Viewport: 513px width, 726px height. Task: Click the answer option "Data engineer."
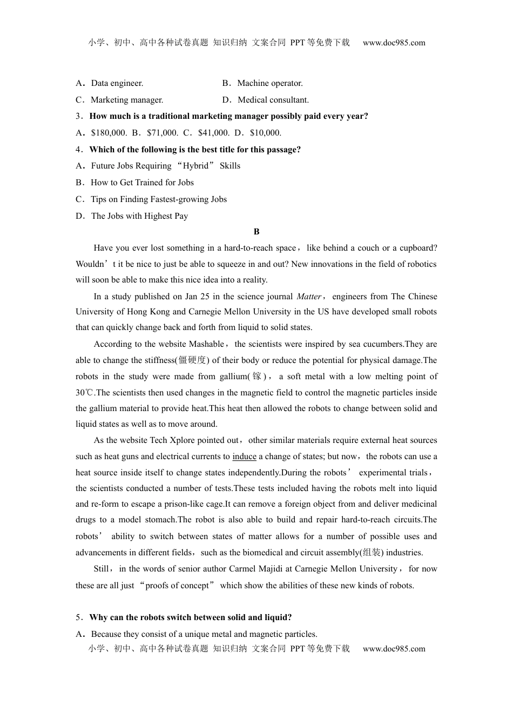click(117, 83)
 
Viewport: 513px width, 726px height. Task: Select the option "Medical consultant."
click(273, 100)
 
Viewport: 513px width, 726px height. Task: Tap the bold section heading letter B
click(256, 232)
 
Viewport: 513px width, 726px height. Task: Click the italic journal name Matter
click(309, 297)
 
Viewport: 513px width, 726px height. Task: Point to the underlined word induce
click(244, 456)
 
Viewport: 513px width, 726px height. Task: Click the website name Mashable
click(206, 344)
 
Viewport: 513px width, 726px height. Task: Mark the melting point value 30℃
click(85, 393)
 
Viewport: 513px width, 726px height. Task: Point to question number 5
click(79, 617)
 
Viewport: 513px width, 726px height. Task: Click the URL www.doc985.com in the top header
click(394, 43)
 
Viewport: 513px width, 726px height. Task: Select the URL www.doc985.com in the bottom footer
click(394, 649)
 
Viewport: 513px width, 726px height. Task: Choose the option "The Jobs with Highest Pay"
click(139, 216)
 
